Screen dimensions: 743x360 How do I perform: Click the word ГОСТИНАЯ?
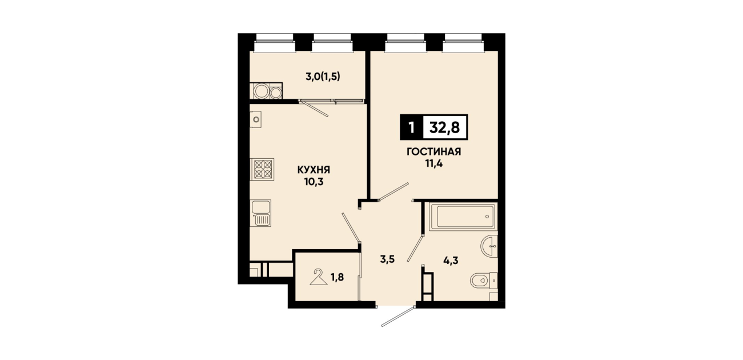[x=434, y=152]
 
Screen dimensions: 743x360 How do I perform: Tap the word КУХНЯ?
[x=314, y=170]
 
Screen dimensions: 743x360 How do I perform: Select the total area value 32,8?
[x=445, y=127]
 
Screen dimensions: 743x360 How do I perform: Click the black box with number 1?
[x=412, y=127]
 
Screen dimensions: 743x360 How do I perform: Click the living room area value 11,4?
[x=434, y=164]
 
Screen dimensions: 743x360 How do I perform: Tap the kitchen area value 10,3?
[x=314, y=182]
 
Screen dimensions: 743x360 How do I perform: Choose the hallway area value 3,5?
[x=387, y=259]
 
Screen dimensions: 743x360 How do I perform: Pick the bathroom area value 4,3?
[x=451, y=261]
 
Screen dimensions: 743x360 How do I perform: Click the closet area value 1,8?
[x=337, y=277]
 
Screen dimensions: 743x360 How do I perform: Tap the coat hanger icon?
[x=319, y=277]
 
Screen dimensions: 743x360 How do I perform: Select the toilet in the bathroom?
[x=484, y=281]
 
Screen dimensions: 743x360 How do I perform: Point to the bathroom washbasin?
[x=489, y=246]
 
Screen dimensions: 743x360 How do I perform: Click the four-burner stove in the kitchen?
[x=262, y=169]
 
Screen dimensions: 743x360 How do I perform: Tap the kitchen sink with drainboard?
[x=261, y=213]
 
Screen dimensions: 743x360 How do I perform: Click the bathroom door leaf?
[x=415, y=248]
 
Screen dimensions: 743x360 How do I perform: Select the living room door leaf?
[x=393, y=191]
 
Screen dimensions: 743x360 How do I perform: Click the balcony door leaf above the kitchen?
[x=314, y=108]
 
